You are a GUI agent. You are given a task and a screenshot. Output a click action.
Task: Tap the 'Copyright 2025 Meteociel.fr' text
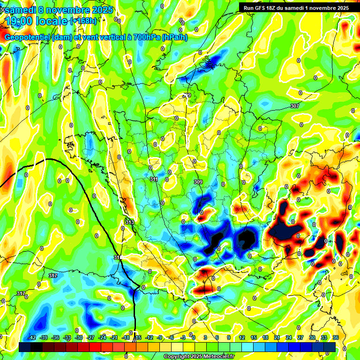pos(199,357)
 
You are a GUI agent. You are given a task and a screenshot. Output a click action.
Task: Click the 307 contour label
pos(294,106)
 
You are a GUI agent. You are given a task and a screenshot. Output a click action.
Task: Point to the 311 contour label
pos(154,179)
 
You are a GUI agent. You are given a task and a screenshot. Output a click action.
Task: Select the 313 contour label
pos(130,222)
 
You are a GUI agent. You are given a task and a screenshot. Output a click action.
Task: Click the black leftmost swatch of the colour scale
pos(25,346)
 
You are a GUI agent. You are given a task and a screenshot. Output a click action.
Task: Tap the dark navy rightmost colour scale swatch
pos(330,346)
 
